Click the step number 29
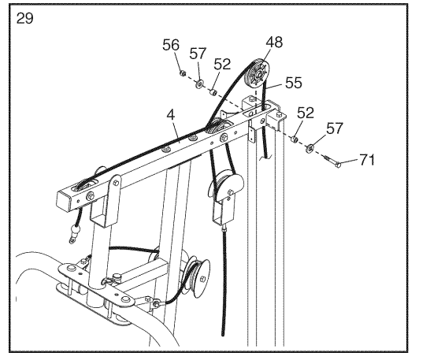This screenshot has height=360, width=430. coord(24,19)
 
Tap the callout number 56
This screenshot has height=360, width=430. coord(171,45)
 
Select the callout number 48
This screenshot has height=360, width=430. coord(274,43)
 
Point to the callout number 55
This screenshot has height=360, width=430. coord(294,83)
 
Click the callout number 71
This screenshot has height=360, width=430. coord(367,160)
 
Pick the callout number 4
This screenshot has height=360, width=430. coord(171,115)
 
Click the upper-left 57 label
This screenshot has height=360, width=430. coord(198,54)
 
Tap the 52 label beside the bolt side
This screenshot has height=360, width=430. coord(306,113)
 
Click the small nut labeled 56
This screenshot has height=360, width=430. coord(183,73)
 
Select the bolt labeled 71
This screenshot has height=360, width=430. coord(332,161)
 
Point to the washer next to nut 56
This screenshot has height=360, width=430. coord(199,84)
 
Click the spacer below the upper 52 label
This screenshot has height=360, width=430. coord(213,92)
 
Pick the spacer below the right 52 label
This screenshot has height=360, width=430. coord(295,139)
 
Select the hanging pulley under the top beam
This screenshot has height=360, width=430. coord(226,187)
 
